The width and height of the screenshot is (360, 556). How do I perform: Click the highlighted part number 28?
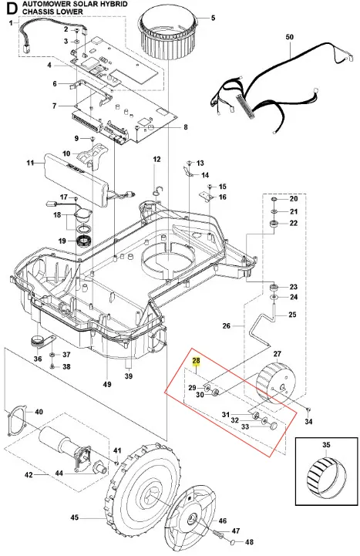click(196, 361)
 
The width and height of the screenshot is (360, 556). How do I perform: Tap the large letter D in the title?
click(12, 8)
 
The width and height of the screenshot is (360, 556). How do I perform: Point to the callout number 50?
click(290, 37)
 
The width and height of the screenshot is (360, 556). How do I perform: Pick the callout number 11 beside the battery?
click(30, 163)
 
